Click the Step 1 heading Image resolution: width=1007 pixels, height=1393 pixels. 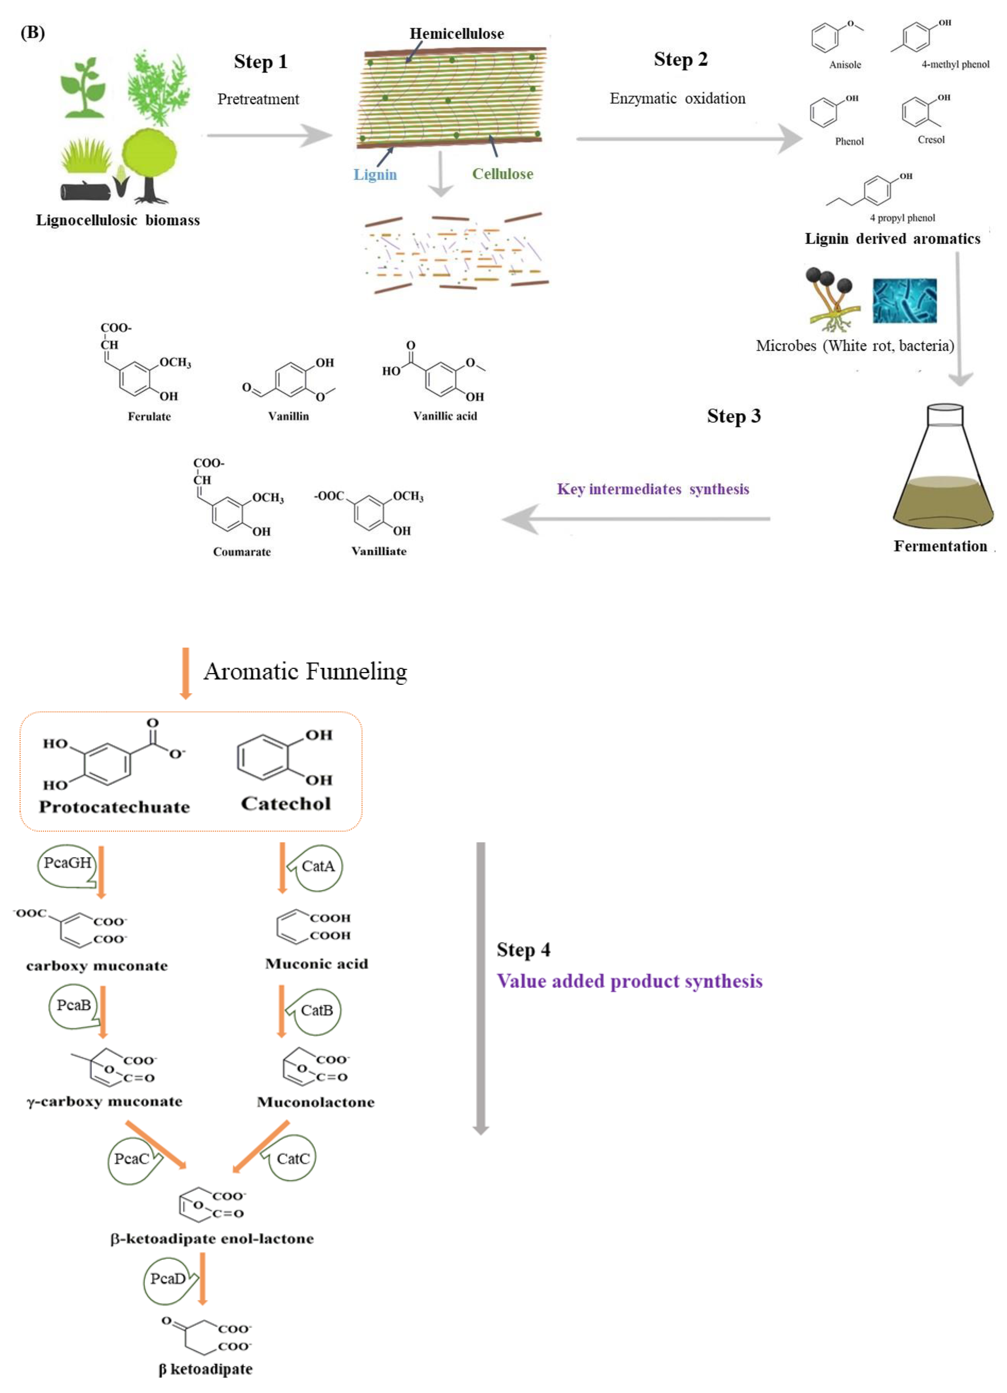click(x=261, y=62)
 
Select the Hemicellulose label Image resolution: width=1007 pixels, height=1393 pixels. click(x=456, y=34)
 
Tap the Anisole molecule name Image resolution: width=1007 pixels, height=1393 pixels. click(x=845, y=64)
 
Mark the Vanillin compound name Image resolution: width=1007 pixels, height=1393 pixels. click(x=288, y=417)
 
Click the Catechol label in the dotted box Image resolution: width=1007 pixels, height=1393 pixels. click(x=286, y=804)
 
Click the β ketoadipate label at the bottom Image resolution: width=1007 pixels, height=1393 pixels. click(x=205, y=1369)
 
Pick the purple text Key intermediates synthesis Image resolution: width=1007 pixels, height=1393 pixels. click(x=653, y=490)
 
